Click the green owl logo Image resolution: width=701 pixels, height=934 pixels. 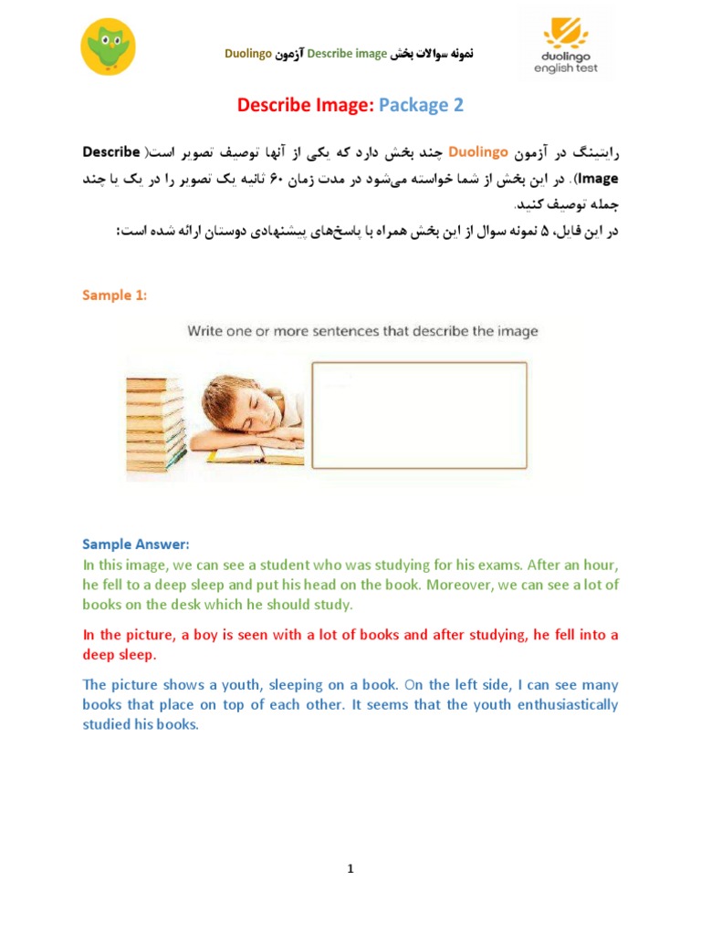[x=109, y=47]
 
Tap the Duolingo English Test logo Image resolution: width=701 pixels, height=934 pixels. [x=566, y=50]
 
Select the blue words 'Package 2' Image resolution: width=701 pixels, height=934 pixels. [x=422, y=105]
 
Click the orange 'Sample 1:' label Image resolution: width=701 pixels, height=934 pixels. [x=114, y=295]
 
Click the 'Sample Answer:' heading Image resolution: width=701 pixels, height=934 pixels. [x=136, y=545]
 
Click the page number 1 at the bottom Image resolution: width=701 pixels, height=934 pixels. [x=350, y=869]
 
